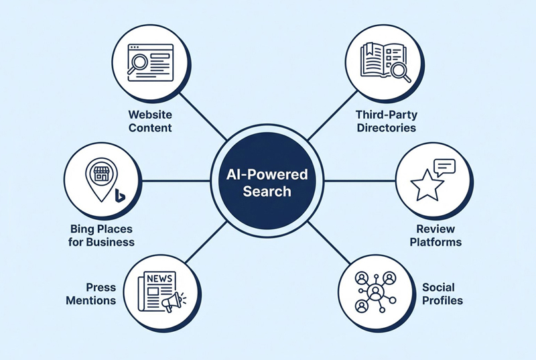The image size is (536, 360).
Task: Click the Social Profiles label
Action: pos(442,294)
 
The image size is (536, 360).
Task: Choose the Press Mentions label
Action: pos(91,294)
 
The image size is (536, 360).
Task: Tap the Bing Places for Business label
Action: pos(100,235)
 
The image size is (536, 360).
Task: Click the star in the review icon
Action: pos(426,186)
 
